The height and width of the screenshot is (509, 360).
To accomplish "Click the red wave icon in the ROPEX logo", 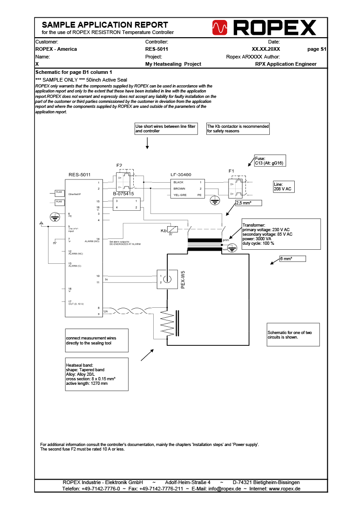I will coord(219,28).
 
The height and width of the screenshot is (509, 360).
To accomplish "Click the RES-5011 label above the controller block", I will coord(79,175).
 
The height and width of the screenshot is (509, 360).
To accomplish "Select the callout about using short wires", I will coord(165,129).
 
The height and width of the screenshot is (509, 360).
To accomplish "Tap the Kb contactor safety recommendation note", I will coord(238,129).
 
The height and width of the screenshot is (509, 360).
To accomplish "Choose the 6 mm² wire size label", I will coord(292,258).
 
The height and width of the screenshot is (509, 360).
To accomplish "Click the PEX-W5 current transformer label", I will coord(183,280).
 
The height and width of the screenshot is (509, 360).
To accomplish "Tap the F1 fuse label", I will coord(231,171).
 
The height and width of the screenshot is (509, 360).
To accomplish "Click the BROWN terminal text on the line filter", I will coord(179,188).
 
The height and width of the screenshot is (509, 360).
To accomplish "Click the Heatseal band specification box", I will coord(97,374).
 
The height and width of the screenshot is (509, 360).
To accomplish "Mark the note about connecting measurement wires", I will coord(97,340).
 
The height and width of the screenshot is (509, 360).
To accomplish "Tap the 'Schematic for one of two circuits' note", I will coord(293,335).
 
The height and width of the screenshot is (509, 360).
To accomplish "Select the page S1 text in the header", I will coord(317,49).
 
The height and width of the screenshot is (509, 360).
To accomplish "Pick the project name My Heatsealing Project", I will coord(173,64).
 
